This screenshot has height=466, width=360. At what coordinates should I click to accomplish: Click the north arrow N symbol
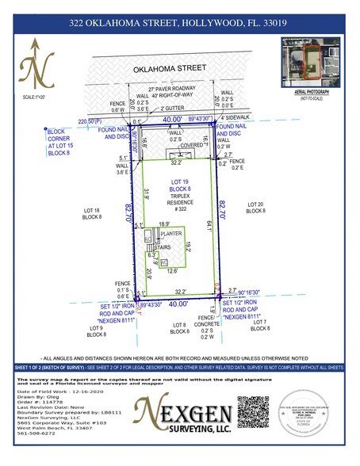pos(33,72)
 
